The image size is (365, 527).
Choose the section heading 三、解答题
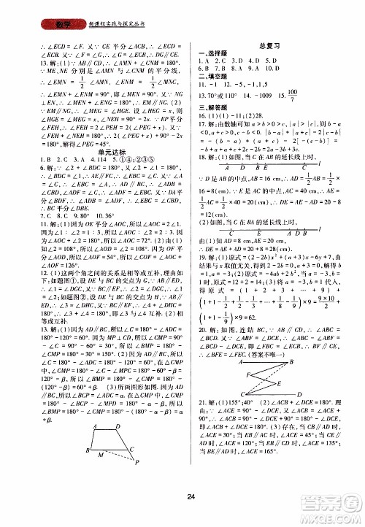coord(212,106)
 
